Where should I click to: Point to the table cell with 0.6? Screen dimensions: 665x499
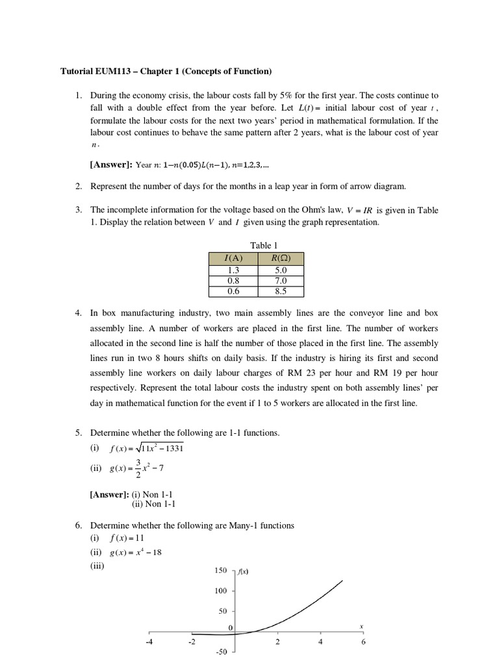point(233,291)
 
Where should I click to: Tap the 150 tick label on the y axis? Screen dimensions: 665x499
point(220,570)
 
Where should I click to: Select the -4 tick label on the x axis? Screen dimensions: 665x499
point(149,642)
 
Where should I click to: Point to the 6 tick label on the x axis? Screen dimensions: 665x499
point(363,642)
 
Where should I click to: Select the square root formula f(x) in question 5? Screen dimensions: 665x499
point(151,449)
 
